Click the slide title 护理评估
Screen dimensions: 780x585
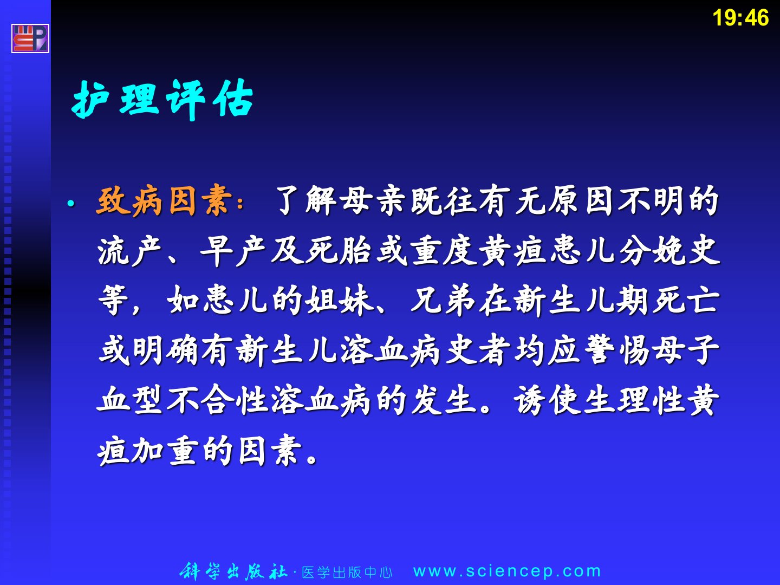[162, 99]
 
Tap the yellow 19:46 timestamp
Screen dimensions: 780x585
[740, 18]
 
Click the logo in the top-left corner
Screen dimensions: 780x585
[30, 38]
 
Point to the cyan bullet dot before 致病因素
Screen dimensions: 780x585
[71, 204]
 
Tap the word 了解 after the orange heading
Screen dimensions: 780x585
[305, 201]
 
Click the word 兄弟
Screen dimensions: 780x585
[443, 301]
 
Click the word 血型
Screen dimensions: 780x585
[129, 400]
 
